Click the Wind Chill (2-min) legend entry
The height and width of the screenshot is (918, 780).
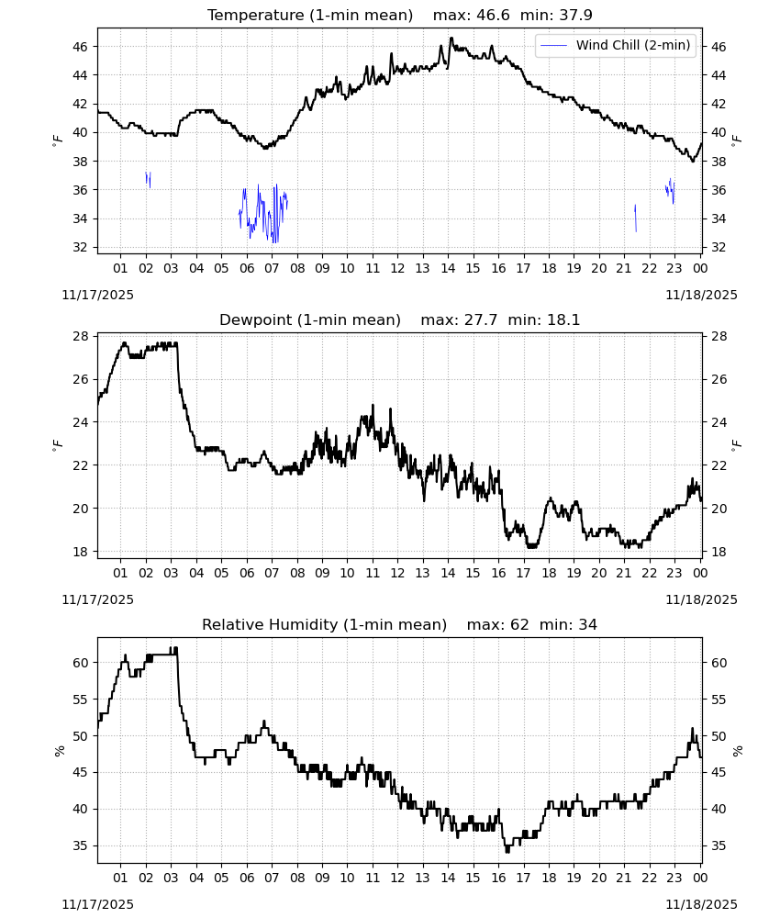[x=616, y=45]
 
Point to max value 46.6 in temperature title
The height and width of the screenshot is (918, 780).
[x=494, y=15]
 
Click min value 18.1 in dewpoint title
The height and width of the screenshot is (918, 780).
[x=563, y=319]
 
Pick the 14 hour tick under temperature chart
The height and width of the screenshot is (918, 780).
[x=448, y=268]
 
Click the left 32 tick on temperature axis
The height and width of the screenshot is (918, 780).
[x=80, y=247]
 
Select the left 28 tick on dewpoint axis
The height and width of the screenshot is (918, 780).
[x=80, y=336]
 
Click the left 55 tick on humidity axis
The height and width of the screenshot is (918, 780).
[x=80, y=700]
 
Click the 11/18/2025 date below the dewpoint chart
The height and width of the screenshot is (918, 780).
[x=701, y=599]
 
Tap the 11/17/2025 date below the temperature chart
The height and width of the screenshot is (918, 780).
[x=97, y=295]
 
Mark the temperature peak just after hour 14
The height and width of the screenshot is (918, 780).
[x=451, y=38]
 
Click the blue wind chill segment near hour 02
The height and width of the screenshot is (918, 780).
[x=148, y=179]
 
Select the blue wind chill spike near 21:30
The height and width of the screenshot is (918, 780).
[x=635, y=218]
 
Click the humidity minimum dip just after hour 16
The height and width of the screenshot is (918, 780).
[x=507, y=851]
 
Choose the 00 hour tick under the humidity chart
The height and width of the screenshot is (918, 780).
[x=700, y=878]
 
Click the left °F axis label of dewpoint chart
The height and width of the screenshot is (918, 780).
[x=57, y=445]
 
